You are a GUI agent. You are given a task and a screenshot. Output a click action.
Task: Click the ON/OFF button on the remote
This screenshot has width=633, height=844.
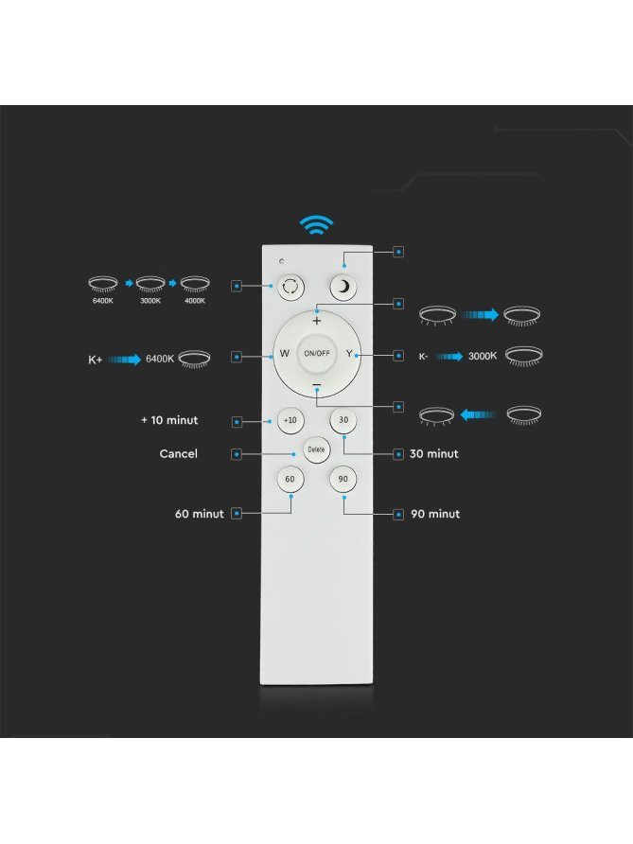[x=316, y=354]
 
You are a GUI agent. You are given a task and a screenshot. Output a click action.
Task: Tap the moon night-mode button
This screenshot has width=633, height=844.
[x=343, y=287]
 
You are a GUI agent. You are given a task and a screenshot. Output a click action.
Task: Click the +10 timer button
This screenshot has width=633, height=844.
[x=290, y=420]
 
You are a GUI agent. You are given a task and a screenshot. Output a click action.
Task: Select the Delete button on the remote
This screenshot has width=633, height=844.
[x=316, y=449]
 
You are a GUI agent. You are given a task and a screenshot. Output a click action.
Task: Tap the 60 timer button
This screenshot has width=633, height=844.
[x=290, y=479]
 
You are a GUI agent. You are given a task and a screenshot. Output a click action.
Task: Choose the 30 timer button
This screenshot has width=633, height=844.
[x=343, y=420]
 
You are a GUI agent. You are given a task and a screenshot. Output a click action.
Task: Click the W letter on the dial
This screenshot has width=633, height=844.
[x=284, y=354]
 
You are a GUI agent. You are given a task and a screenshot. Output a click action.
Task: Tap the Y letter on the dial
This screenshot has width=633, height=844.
[x=349, y=354]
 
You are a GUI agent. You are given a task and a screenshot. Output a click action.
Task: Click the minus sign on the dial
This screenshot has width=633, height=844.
[x=316, y=385]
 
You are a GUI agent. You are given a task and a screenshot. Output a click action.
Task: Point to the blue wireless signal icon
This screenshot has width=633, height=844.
[x=316, y=224]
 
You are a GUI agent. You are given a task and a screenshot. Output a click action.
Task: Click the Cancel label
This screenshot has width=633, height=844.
[x=178, y=454]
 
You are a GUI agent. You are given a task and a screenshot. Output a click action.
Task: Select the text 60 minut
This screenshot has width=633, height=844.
[x=199, y=514]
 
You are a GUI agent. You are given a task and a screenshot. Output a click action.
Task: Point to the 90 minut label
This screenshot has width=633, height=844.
[x=435, y=514]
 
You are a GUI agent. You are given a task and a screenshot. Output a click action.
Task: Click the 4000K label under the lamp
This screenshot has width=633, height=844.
[x=195, y=301]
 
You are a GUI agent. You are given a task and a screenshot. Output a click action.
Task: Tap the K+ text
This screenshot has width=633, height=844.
[x=96, y=360]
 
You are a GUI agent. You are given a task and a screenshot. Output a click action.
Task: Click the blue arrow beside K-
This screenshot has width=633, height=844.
[x=448, y=357]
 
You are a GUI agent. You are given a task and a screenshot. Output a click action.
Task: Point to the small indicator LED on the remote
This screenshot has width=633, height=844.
[x=282, y=261]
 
